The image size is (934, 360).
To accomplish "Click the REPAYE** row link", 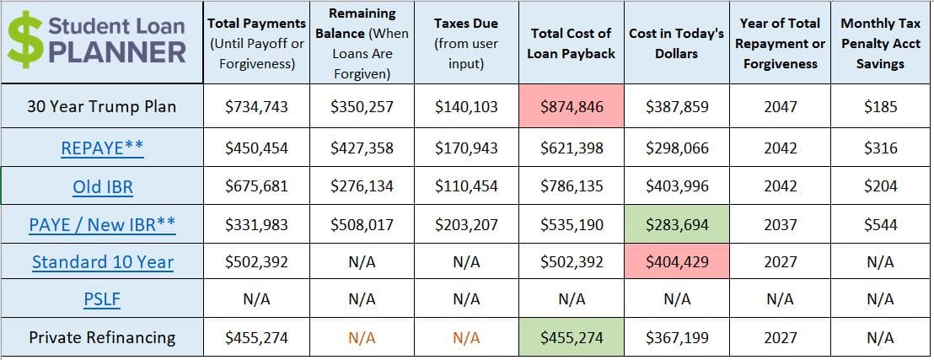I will (x=102, y=148).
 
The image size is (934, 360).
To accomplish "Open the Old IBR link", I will (x=102, y=186).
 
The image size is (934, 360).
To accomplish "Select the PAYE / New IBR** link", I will (x=102, y=225).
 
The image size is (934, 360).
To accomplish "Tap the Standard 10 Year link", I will (x=102, y=262).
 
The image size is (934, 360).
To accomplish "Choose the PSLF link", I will (x=102, y=299).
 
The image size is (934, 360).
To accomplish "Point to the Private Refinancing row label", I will (x=102, y=337).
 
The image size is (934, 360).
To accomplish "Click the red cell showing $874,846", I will (x=572, y=107).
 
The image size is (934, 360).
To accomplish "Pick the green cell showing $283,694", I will (x=677, y=225).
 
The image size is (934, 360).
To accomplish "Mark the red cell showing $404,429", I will (x=677, y=262).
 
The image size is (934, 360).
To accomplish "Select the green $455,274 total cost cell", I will (x=572, y=337).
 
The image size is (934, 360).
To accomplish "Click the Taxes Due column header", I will (x=466, y=42).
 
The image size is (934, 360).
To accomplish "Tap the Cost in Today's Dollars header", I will (x=677, y=42).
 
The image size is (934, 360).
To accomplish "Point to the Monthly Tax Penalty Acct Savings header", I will (x=880, y=42).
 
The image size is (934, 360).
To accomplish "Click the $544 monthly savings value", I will (x=880, y=225).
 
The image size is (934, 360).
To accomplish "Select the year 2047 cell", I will (x=780, y=107).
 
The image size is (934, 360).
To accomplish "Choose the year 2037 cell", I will (x=780, y=225).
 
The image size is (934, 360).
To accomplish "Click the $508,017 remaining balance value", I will (x=362, y=225).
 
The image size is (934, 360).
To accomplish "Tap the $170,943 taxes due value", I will (x=466, y=148).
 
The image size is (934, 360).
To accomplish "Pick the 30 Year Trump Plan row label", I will (x=102, y=107).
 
